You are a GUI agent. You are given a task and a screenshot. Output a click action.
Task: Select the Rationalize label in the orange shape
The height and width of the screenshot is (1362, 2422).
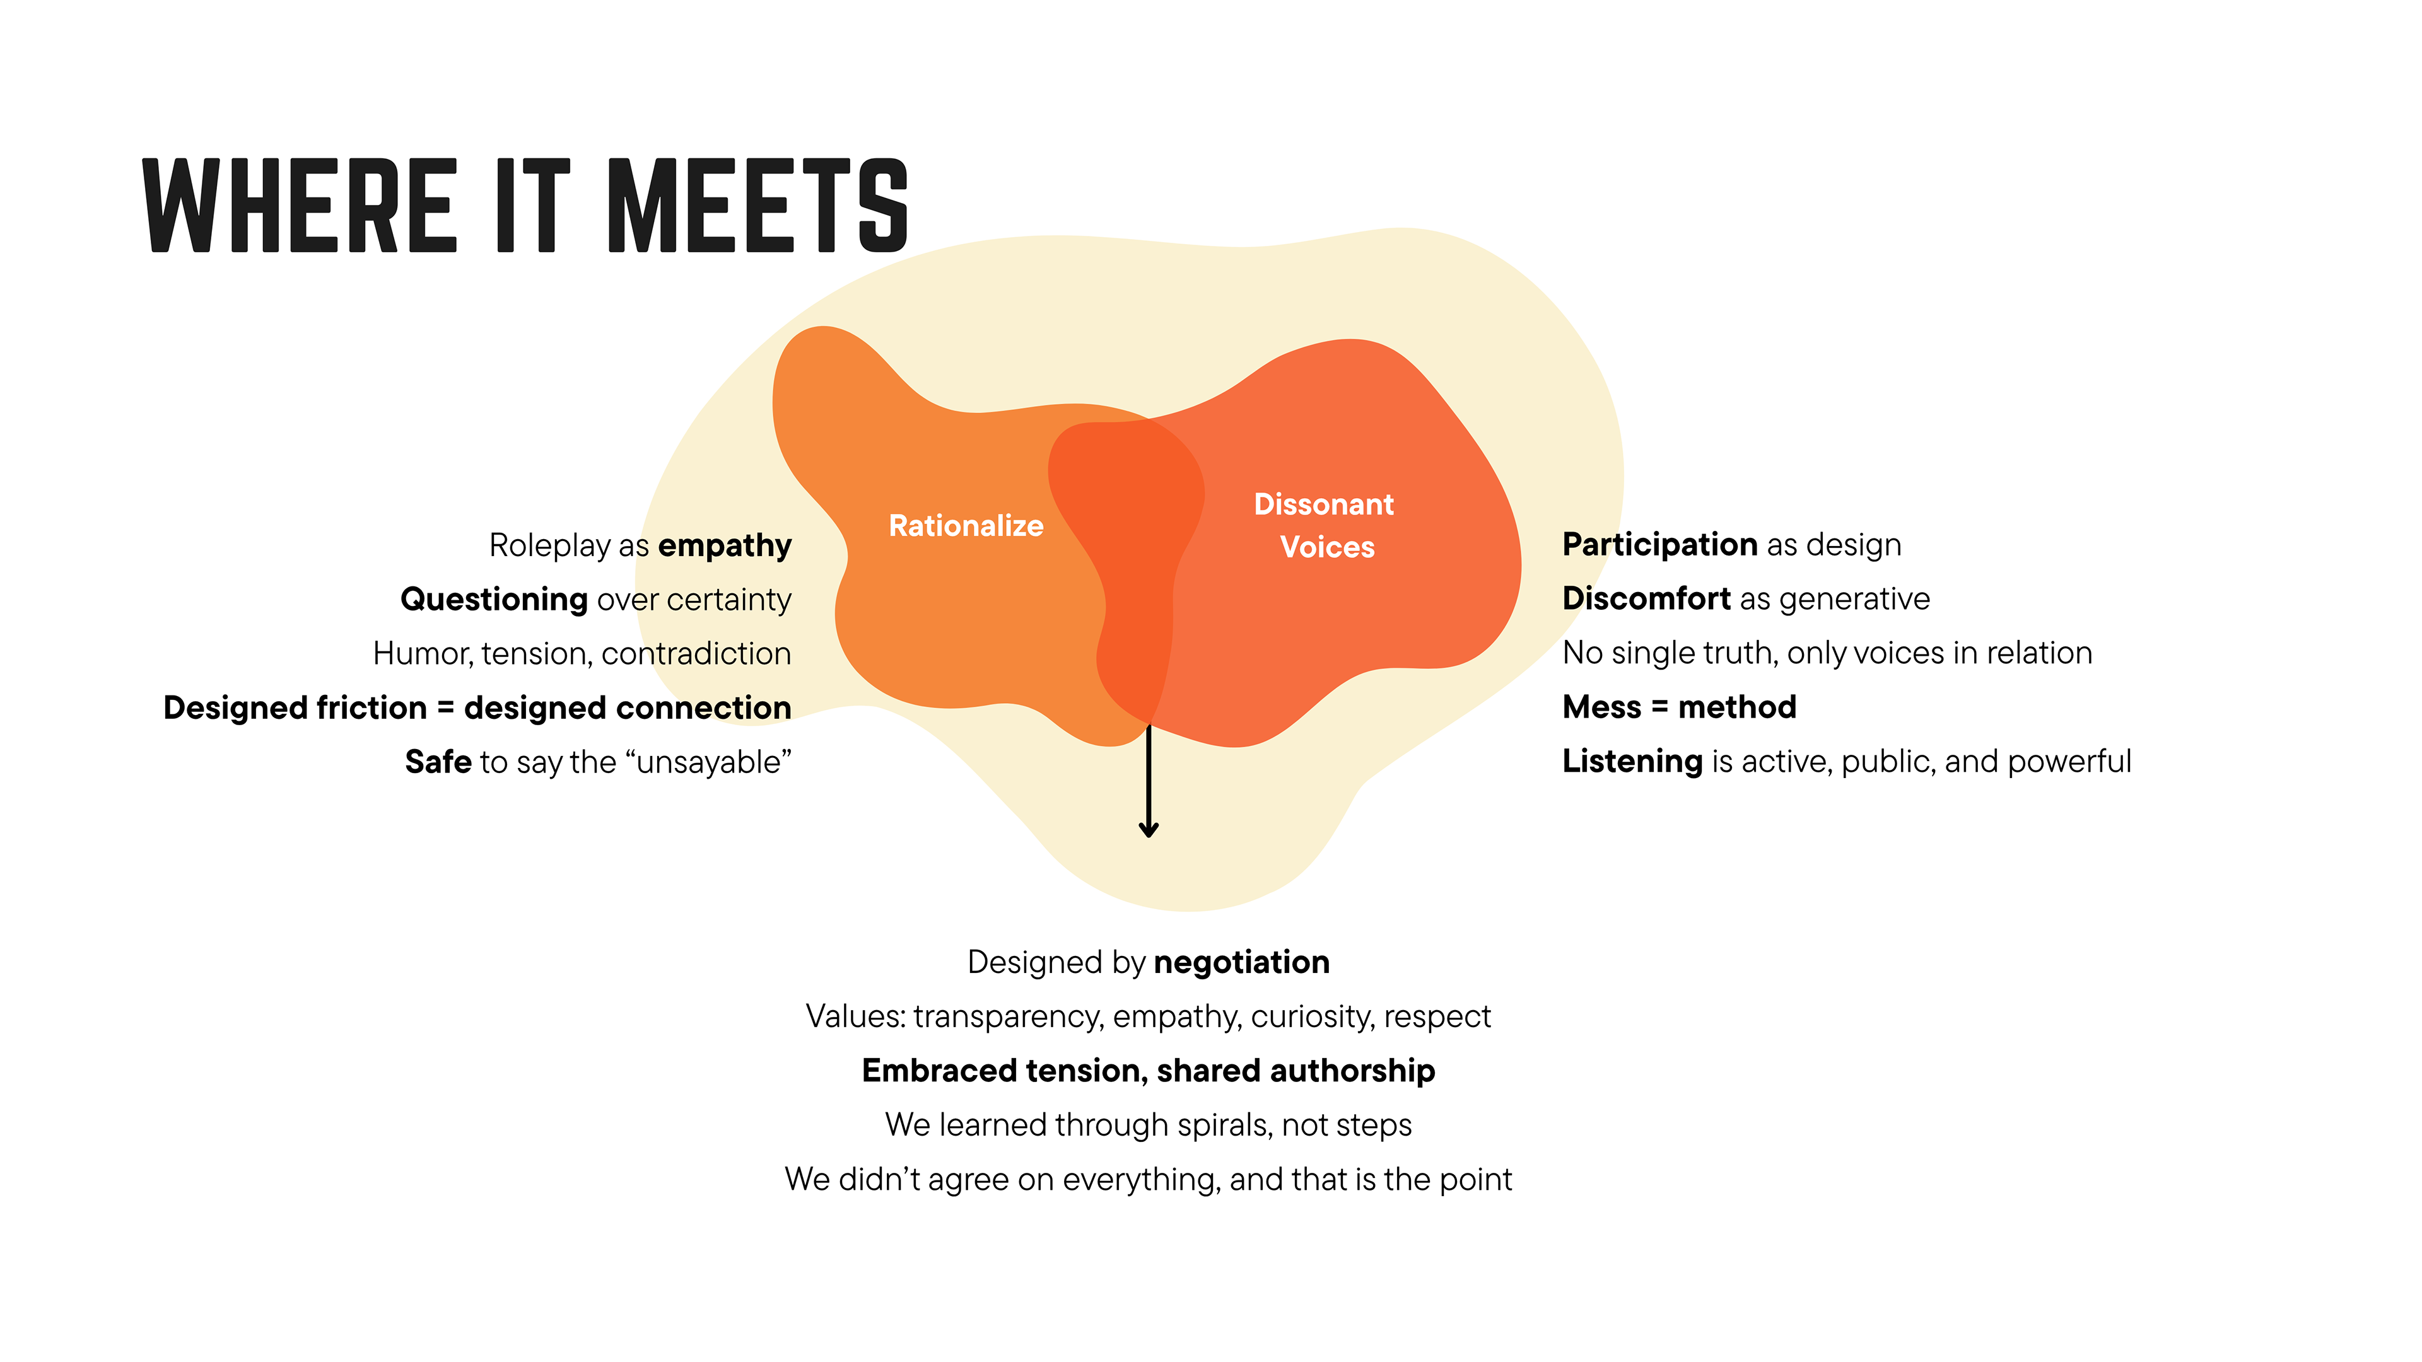(x=966, y=525)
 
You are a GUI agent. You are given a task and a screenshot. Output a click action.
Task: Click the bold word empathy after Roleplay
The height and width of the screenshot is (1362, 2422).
(x=724, y=546)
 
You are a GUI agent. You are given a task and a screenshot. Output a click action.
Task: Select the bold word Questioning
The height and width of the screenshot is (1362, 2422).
(x=494, y=599)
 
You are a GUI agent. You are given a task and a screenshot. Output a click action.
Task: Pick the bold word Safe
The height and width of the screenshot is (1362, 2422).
(x=438, y=761)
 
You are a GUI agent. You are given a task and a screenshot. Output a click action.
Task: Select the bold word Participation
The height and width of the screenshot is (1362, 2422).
(x=1659, y=544)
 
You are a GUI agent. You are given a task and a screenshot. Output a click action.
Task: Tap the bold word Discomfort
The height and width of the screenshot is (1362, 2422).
(x=1646, y=599)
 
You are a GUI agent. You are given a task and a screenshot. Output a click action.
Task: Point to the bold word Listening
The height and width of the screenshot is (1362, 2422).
(x=1632, y=761)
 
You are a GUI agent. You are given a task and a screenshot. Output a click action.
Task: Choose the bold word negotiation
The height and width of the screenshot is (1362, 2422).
(x=1241, y=962)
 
